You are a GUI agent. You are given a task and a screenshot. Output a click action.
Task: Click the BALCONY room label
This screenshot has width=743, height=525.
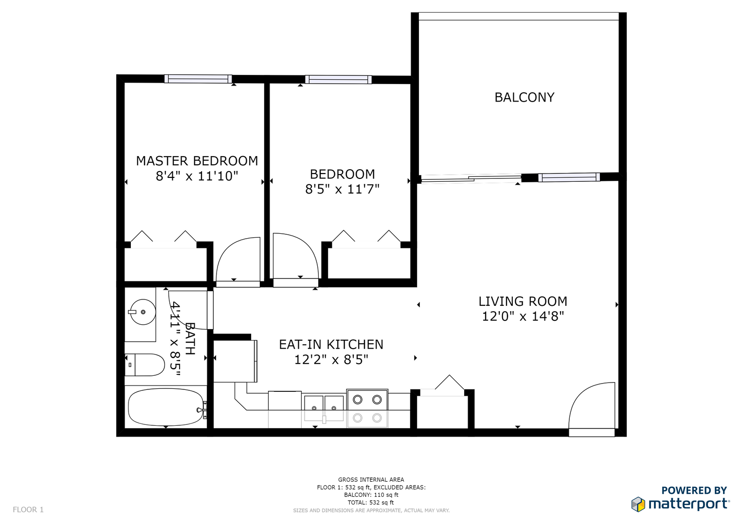coord(524,97)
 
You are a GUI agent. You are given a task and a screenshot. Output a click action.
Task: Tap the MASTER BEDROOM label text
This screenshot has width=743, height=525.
coord(197,161)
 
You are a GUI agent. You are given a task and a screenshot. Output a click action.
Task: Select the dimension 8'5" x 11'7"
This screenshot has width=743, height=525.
coord(343,189)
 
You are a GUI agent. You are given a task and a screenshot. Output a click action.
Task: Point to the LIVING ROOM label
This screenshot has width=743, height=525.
coord(523,301)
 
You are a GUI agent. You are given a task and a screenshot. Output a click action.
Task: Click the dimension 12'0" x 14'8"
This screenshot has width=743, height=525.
coord(523,316)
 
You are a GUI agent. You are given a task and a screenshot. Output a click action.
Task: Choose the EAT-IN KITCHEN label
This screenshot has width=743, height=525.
coord(331,344)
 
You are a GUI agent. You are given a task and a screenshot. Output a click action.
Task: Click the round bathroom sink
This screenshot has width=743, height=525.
coord(142,312)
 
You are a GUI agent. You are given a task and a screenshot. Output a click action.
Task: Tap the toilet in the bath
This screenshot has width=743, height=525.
coord(145,365)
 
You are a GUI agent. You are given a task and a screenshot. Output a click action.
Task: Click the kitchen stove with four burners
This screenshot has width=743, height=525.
coord(367,408)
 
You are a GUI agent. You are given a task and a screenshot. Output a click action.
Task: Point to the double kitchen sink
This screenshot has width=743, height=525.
coord(324,408)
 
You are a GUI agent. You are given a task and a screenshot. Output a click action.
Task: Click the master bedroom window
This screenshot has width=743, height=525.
coord(198,79)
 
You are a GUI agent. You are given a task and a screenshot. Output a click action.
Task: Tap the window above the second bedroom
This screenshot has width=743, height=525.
coord(338,80)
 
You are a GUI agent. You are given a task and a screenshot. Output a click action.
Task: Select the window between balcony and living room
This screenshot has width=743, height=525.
coord(569,177)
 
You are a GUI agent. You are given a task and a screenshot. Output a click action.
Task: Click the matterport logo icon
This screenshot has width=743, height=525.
coord(638,504)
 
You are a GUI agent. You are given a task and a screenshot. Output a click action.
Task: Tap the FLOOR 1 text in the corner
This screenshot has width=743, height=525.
coord(28,509)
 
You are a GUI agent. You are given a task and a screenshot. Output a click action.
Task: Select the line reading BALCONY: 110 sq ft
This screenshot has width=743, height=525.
coord(371,495)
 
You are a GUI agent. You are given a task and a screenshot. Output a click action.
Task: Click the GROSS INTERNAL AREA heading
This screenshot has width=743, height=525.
coord(371,480)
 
